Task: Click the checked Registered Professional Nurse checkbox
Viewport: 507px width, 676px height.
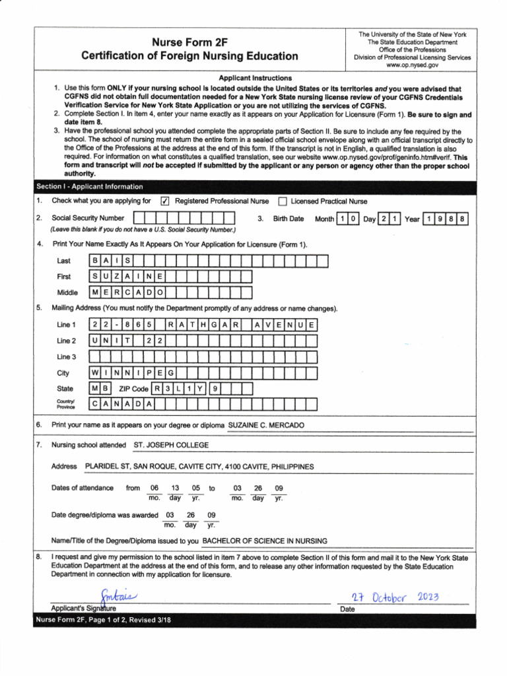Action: [x=166, y=201]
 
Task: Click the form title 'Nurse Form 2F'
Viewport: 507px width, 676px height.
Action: [x=189, y=42]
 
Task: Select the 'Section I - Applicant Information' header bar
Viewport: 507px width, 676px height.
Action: [x=90, y=187]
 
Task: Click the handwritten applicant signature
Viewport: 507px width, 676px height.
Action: [x=119, y=596]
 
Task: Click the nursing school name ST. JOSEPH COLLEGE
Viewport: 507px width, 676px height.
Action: [x=171, y=446]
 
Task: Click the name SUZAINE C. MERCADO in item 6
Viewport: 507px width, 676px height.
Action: [x=266, y=425]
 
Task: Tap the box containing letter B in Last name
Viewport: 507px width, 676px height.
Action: [x=96, y=261]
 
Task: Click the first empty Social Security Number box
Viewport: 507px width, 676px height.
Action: [x=139, y=219]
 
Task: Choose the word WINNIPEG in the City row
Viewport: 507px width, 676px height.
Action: [x=134, y=373]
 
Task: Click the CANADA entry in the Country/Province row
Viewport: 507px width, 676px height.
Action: [x=123, y=403]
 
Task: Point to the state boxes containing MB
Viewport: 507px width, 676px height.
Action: [x=102, y=388]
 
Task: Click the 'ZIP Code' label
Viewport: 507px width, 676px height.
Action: [x=133, y=389]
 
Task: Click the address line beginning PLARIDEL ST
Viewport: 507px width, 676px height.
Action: [x=199, y=467]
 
